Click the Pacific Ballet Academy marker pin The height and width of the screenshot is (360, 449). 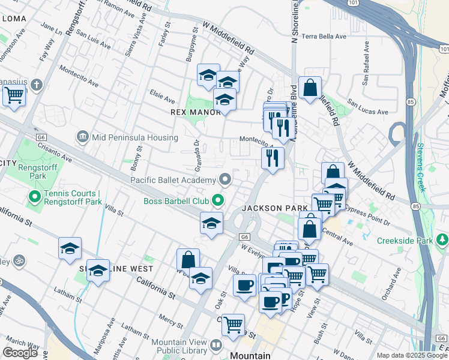click(225, 179)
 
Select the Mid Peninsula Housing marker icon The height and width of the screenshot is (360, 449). click(82, 137)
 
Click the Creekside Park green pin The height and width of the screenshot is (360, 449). click(442, 241)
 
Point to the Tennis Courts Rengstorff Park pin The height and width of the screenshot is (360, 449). click(35, 196)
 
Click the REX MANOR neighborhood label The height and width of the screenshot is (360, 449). click(196, 112)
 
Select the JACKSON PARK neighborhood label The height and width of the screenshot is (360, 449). click(270, 208)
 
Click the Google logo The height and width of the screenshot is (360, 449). click(20, 352)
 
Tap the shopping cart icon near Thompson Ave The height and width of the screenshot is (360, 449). click(14, 94)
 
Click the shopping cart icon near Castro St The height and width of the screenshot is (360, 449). click(233, 325)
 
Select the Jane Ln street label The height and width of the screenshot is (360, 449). click(50, 28)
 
